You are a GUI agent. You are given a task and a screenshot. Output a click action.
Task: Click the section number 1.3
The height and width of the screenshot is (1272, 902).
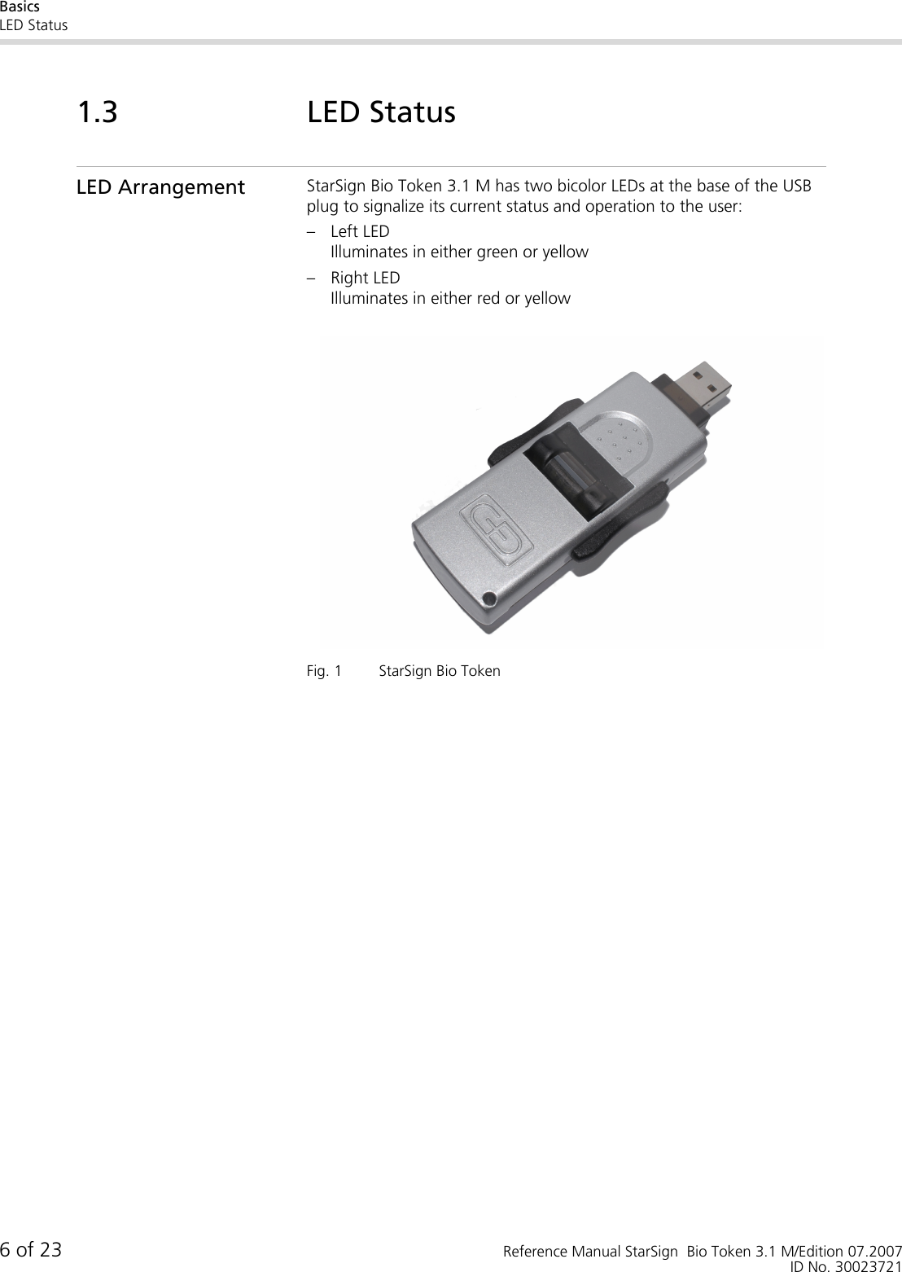97,112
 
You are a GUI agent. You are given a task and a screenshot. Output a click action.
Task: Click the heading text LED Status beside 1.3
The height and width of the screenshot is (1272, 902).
381,112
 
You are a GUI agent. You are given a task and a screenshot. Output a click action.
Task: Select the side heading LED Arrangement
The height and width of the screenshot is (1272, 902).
160,187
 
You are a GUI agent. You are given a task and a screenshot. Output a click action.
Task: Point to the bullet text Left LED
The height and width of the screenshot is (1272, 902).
360,231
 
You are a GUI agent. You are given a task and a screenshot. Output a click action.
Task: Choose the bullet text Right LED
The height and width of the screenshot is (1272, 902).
365,278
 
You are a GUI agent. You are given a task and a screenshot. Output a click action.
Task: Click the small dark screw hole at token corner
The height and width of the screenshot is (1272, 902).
488,599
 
